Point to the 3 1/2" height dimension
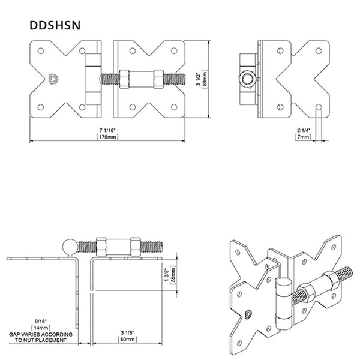(x=200, y=78)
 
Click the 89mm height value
(x=206, y=78)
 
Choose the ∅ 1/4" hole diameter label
(x=304, y=131)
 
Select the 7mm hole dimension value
(x=304, y=137)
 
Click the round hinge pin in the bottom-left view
(x=70, y=246)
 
